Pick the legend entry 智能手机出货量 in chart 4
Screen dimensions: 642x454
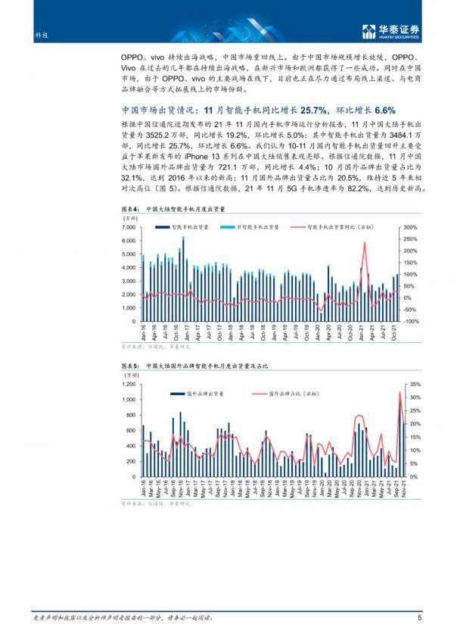182,226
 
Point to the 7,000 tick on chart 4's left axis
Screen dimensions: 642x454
126,227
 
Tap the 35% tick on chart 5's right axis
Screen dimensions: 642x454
414,385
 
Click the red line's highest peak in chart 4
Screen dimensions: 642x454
365,243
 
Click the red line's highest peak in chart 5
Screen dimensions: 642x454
400,392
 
